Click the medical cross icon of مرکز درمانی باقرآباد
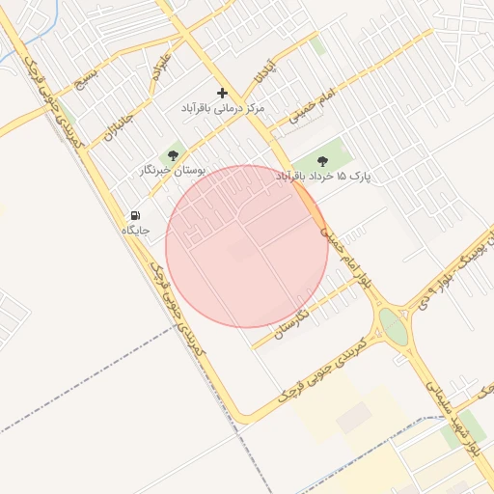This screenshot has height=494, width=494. click(x=223, y=94)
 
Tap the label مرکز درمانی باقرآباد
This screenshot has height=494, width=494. click(x=223, y=109)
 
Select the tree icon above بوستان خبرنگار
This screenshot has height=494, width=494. click(x=174, y=154)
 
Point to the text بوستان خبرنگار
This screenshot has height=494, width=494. click(x=174, y=170)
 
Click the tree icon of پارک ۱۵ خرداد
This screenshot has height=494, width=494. click(x=322, y=161)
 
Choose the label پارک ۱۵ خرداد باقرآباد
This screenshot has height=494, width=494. click(x=322, y=177)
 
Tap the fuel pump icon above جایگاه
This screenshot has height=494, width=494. click(x=135, y=215)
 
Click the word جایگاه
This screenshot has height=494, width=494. click(x=135, y=231)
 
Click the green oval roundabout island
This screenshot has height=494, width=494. click(x=393, y=325)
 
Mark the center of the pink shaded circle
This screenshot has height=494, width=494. click(x=247, y=246)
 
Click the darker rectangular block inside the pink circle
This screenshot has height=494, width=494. click(x=242, y=251)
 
